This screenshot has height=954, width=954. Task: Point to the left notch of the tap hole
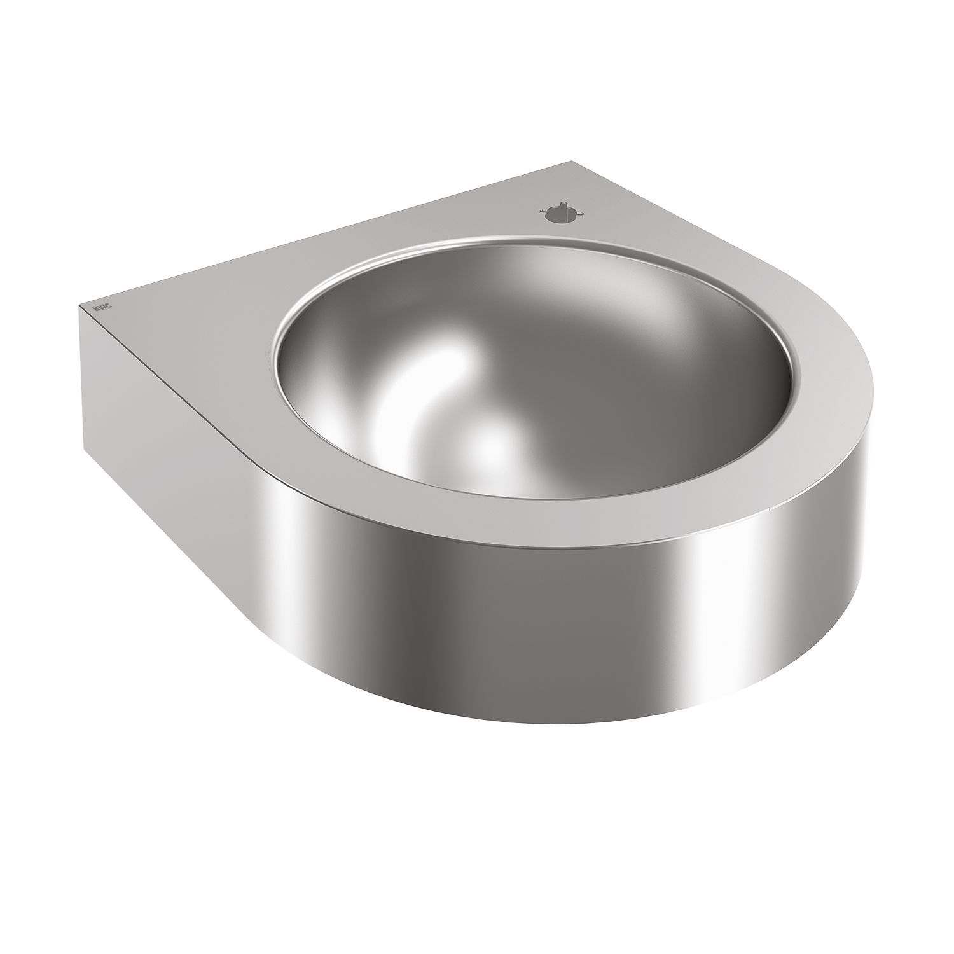point(543,212)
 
